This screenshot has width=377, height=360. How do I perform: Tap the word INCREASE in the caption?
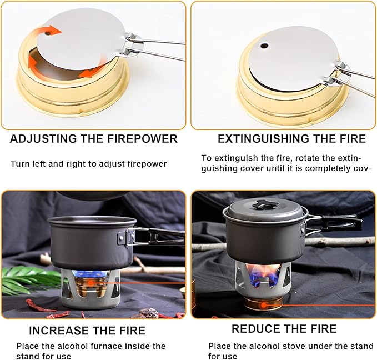(x=59, y=331)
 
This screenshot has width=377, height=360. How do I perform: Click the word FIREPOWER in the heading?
(x=142, y=139)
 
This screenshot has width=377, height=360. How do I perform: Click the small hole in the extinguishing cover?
(x=264, y=46)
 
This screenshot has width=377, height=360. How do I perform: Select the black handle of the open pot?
(x=167, y=237)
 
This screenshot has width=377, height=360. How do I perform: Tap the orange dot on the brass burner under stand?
(x=264, y=306)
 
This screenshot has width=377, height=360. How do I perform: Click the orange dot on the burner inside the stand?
(x=91, y=283)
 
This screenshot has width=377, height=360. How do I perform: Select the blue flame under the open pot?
(x=92, y=274)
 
